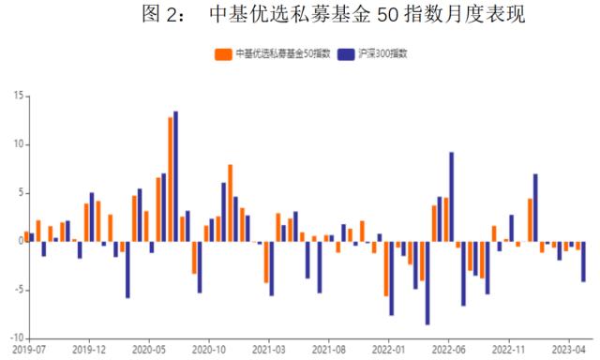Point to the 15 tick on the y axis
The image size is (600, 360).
(18, 96)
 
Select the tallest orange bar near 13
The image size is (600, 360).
(171, 179)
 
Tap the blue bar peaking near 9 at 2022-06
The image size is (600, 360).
(452, 197)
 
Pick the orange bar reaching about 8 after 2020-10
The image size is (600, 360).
(231, 202)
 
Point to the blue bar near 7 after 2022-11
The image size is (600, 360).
(535, 207)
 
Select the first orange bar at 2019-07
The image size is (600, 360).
(26, 236)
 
